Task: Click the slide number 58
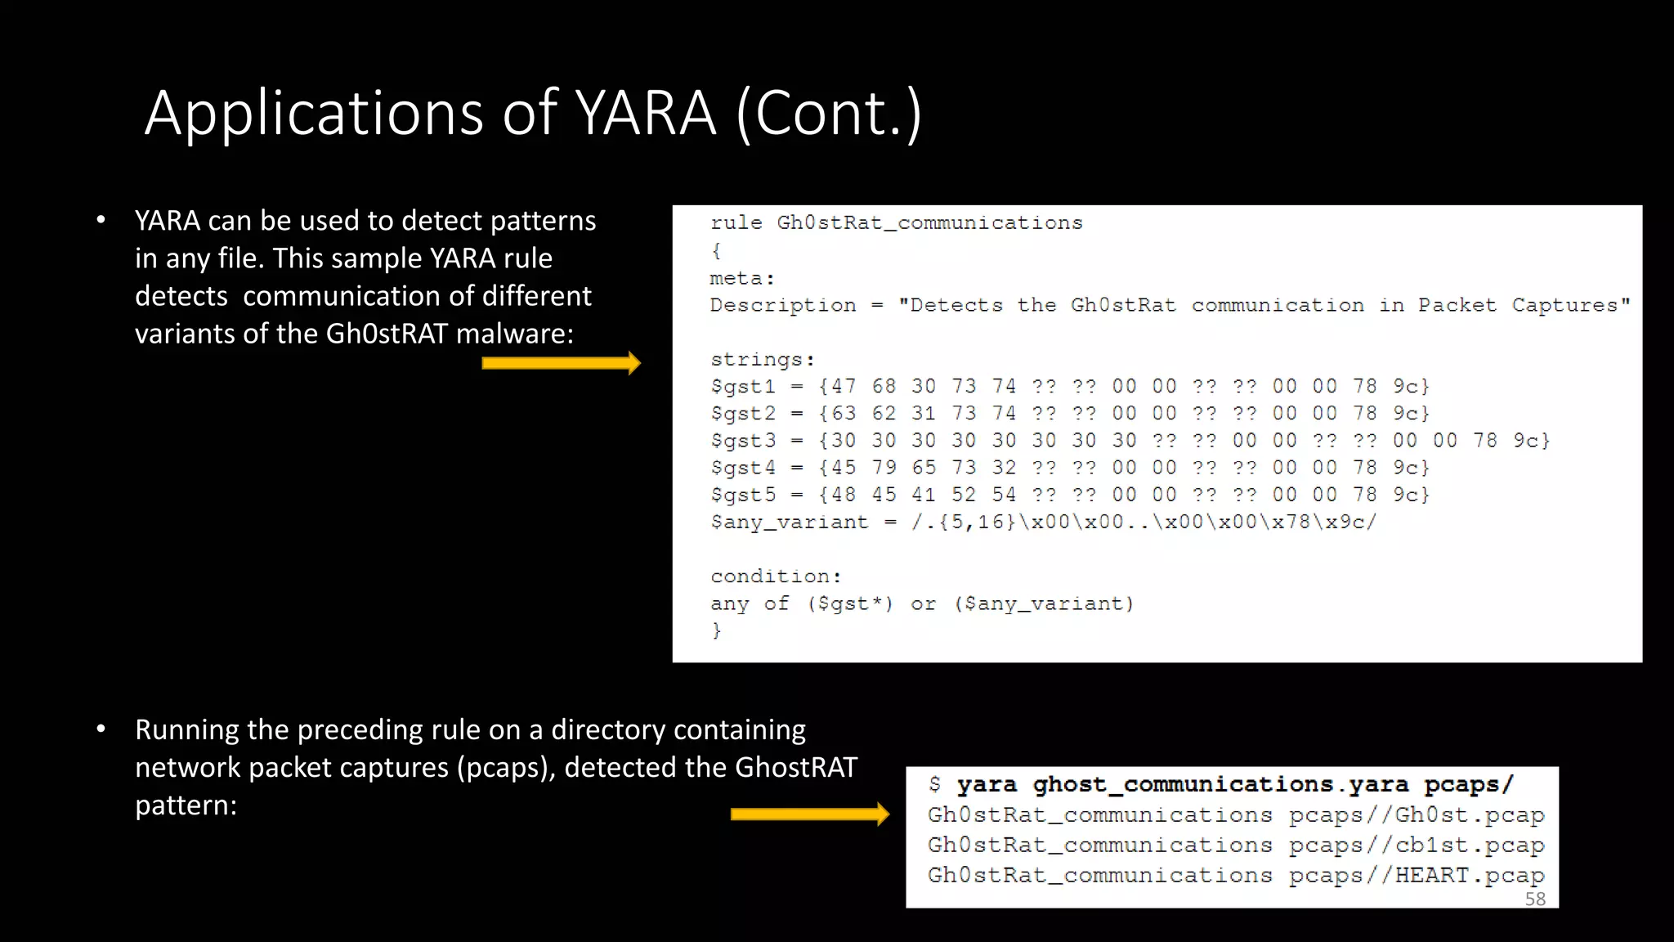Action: point(1535,899)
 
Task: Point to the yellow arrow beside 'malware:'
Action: point(561,363)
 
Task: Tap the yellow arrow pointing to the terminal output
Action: point(809,814)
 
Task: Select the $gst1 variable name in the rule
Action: point(742,387)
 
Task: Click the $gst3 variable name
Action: point(742,441)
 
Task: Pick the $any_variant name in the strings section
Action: point(789,523)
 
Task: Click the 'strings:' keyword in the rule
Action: point(762,360)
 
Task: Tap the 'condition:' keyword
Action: point(775,576)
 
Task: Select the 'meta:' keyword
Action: point(741,279)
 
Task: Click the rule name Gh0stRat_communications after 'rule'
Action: point(929,223)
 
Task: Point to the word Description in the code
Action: point(782,306)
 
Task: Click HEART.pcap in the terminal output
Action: point(1469,876)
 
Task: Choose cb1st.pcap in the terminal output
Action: point(1469,846)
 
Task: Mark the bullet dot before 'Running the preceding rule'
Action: point(101,729)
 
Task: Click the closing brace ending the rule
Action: point(716,630)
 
